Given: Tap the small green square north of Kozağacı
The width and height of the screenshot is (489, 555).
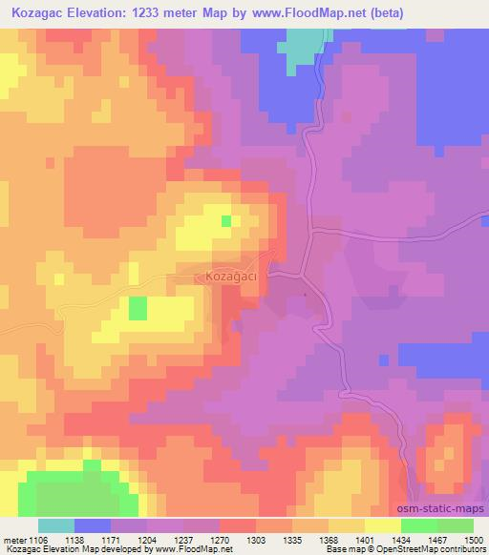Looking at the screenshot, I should point(226,221).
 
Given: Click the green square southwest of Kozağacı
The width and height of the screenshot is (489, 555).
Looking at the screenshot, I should point(138,308).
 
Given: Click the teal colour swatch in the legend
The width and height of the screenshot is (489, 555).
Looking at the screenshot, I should point(56,525).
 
